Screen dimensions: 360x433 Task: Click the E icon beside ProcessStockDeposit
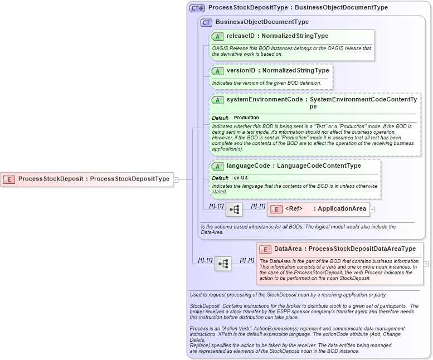[x=9, y=179]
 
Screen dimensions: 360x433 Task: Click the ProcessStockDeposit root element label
[x=50, y=179]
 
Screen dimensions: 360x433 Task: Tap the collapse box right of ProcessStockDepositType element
[x=176, y=179]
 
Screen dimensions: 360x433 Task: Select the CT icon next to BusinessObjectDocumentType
[x=207, y=22]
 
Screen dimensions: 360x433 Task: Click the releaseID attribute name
[x=240, y=36]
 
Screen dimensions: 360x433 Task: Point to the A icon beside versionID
[x=217, y=71]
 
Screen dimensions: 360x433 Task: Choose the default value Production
[x=246, y=118]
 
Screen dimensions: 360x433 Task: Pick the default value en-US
[x=241, y=178]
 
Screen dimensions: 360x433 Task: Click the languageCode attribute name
[x=248, y=166]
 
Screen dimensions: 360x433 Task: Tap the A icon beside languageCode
[x=217, y=166]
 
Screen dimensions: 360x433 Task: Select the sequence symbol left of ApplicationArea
[x=235, y=210]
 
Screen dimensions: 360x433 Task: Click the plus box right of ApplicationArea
[x=372, y=210]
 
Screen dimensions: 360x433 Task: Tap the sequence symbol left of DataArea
[x=223, y=264]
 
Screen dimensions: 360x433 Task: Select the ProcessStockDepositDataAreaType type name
[x=362, y=249]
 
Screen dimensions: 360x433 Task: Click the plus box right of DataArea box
[x=426, y=264]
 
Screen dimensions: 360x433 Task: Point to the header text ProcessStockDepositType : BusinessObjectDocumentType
[x=298, y=8]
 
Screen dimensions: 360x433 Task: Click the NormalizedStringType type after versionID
[x=296, y=71]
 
